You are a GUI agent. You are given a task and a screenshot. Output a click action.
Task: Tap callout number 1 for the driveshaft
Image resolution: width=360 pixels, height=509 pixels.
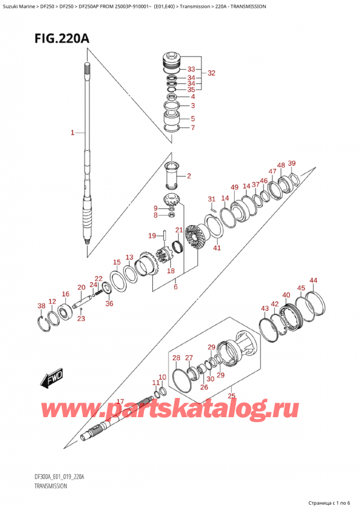(72, 133)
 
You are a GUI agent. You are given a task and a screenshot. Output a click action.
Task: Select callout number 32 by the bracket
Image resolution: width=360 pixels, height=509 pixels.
(211, 73)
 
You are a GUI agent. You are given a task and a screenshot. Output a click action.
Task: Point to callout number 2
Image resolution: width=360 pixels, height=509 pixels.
(188, 176)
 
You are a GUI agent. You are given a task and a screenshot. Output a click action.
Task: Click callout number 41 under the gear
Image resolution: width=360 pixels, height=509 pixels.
(217, 247)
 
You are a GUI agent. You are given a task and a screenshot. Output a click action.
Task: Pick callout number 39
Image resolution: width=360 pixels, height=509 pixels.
(292, 163)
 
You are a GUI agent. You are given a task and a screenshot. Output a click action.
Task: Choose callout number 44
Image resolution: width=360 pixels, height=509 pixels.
(313, 280)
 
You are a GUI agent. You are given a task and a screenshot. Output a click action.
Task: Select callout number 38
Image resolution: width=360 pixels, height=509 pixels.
(41, 306)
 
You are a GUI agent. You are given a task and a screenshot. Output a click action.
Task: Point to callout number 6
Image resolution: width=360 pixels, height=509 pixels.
(175, 287)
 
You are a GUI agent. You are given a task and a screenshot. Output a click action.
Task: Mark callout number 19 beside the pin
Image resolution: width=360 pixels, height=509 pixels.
(152, 235)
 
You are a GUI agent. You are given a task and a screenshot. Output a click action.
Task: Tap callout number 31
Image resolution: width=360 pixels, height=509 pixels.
(211, 199)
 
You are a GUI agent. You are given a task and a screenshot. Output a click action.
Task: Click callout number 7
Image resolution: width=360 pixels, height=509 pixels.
(193, 127)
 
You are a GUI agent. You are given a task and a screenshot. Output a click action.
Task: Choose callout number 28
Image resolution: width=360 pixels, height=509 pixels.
(176, 358)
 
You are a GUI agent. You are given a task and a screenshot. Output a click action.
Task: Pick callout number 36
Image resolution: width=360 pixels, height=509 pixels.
(109, 304)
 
